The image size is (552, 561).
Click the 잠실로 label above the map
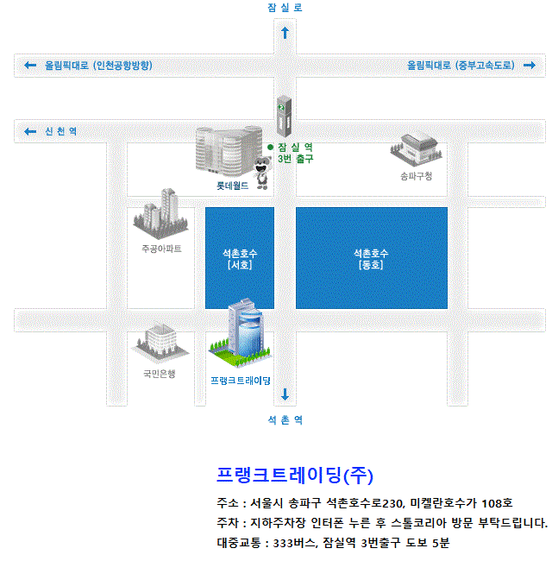(x=285, y=8)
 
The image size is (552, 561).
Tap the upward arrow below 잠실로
(x=285, y=33)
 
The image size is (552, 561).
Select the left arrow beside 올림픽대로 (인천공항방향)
(x=30, y=66)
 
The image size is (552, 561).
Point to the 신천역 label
(x=60, y=131)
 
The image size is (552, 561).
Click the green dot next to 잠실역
(x=270, y=148)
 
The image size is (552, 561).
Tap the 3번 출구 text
(x=295, y=160)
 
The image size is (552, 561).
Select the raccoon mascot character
(x=261, y=172)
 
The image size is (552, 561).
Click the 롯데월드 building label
(x=232, y=186)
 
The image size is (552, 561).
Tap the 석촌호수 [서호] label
(x=240, y=259)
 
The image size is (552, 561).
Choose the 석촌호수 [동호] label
(x=371, y=259)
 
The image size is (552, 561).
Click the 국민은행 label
(x=160, y=374)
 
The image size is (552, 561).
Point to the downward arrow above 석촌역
(x=285, y=395)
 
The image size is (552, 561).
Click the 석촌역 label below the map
(x=285, y=420)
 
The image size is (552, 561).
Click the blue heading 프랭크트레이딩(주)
(x=294, y=476)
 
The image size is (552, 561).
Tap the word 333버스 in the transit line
(x=295, y=543)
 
